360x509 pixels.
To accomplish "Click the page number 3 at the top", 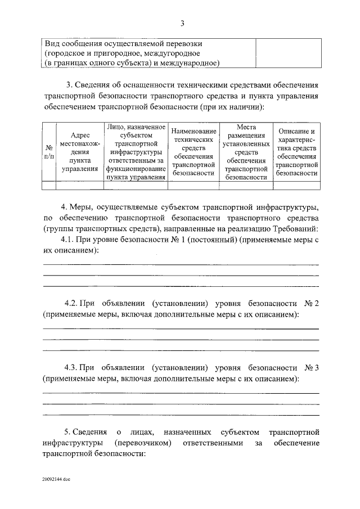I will (182, 23).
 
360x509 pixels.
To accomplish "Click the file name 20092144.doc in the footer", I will (56, 480).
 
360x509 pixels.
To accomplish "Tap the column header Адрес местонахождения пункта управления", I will (80, 151).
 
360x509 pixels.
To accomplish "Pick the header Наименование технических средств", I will (194, 151).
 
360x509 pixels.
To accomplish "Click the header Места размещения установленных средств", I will (246, 151).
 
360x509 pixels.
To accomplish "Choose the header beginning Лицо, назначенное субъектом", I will (136, 151).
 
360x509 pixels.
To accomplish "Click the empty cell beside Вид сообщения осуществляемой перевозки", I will (288, 53).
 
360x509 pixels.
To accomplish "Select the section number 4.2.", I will (73, 304).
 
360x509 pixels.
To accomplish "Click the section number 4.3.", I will (73, 368).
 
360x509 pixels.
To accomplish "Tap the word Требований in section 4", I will (295, 228).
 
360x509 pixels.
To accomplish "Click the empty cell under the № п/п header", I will (48, 184).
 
